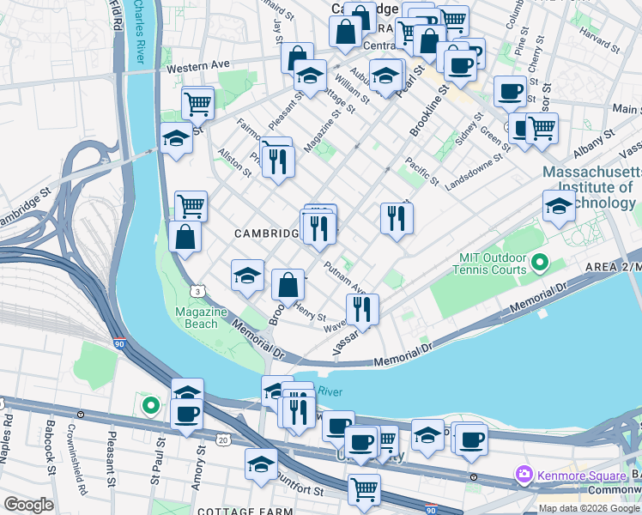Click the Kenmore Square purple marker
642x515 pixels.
click(x=523, y=474)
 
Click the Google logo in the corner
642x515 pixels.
click(x=27, y=505)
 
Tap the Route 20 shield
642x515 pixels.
click(x=225, y=440)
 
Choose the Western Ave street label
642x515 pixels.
click(x=199, y=65)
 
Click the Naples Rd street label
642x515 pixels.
click(x=9, y=433)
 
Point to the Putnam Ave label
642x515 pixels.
click(x=346, y=278)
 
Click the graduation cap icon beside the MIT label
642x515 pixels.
click(x=559, y=207)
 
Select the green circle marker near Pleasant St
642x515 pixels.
click(x=151, y=404)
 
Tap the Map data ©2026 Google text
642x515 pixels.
click(x=589, y=507)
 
